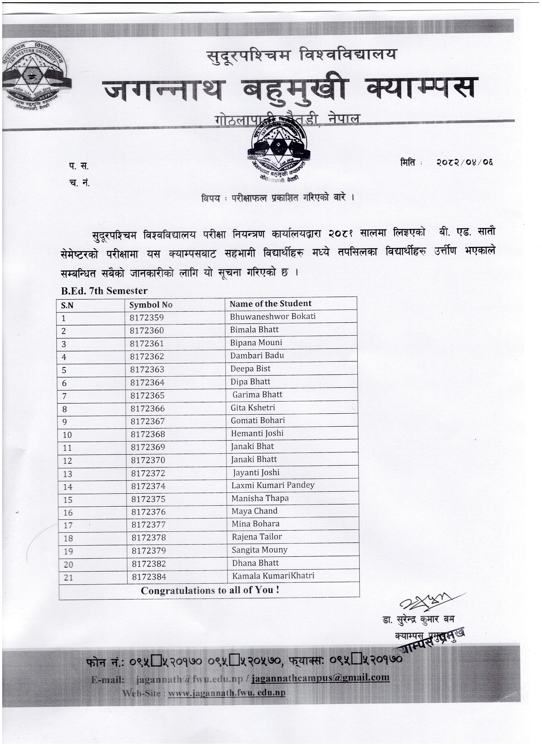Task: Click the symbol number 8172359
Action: point(147,317)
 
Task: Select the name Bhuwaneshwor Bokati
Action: point(273,317)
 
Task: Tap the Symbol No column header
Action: point(151,305)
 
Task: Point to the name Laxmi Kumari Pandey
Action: point(273,485)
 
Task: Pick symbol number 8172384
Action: point(149,577)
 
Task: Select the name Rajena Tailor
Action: point(257,537)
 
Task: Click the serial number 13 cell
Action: point(67,474)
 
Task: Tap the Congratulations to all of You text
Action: point(210,590)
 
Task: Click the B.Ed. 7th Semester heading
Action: point(104,291)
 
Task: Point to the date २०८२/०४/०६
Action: point(465,162)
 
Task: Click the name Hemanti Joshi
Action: point(257,433)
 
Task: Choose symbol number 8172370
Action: point(148,460)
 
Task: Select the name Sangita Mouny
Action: point(259,550)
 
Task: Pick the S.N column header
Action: point(67,306)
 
